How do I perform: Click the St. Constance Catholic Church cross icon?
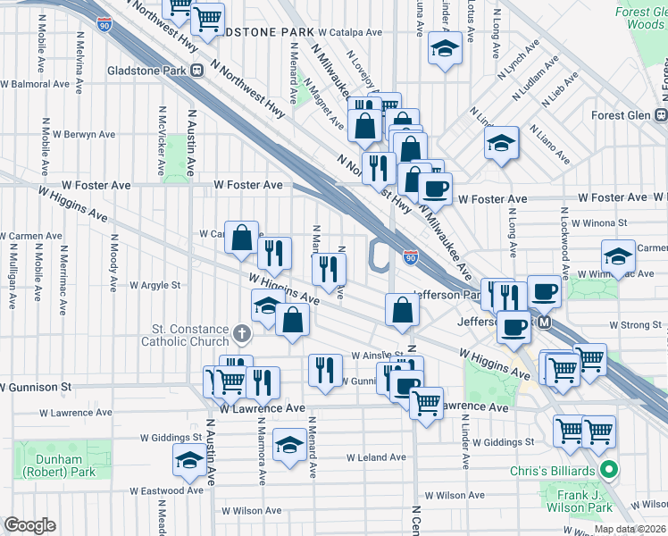(x=240, y=335)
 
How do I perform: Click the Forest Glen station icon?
(x=662, y=114)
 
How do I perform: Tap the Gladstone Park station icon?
(x=206, y=71)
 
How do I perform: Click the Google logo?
(x=29, y=525)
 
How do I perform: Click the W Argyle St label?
(x=154, y=286)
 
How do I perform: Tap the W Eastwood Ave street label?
(x=166, y=490)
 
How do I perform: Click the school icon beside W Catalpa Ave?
(x=443, y=49)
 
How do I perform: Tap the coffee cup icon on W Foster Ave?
(x=436, y=188)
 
